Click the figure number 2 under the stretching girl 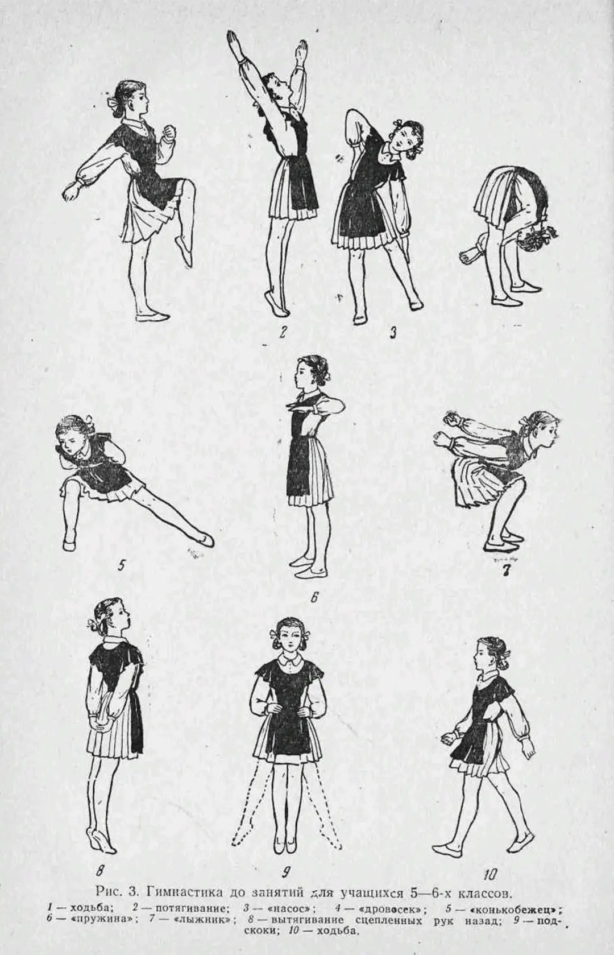[281, 332]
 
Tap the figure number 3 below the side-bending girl [393, 333]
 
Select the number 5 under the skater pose [121, 565]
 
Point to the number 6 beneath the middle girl [314, 598]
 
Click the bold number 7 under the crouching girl [505, 570]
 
